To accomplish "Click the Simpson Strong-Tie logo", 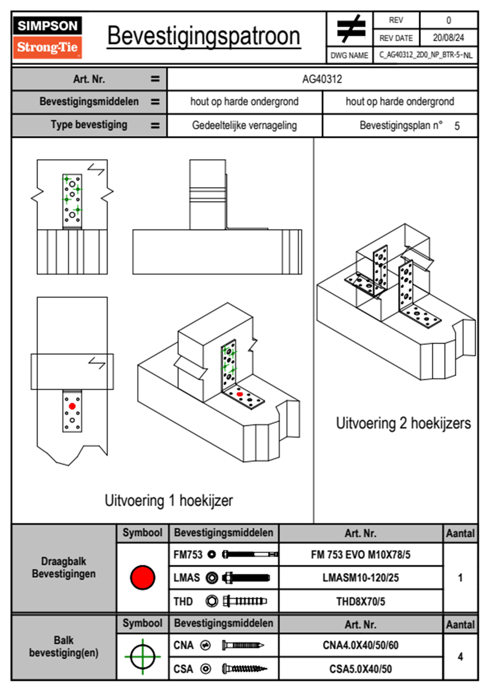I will (x=47, y=37).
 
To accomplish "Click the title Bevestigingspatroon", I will (x=203, y=36).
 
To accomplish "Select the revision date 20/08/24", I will (x=448, y=38).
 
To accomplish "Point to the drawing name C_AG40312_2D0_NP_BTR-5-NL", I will (x=425, y=55).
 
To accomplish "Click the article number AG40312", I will (x=322, y=79).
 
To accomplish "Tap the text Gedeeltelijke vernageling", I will (x=244, y=125).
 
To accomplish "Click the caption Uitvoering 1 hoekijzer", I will (x=168, y=501).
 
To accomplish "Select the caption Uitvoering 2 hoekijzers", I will (x=403, y=423).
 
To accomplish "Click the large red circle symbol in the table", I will (x=142, y=577).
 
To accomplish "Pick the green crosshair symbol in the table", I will (x=142, y=657).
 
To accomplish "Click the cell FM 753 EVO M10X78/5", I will (x=360, y=555).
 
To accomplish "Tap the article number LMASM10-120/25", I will (x=360, y=578).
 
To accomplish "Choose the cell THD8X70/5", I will (x=360, y=601).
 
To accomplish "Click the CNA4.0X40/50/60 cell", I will (x=360, y=645).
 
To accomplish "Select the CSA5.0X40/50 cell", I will (x=360, y=669).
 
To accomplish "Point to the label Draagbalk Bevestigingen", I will (x=64, y=567).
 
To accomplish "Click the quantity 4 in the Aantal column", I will (x=460, y=657).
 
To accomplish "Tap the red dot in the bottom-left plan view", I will (x=72, y=406).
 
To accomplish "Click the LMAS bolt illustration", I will (x=246, y=578).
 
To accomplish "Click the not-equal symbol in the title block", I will (x=350, y=29).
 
